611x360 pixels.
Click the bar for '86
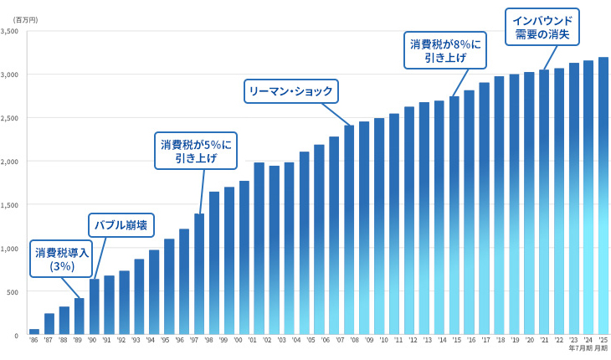point(34,332)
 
